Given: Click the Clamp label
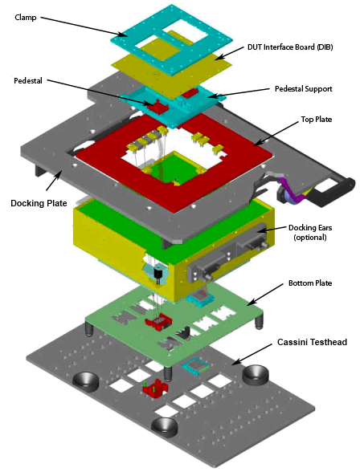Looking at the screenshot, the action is click(x=26, y=18).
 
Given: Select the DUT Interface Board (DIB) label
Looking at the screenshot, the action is click(x=290, y=47).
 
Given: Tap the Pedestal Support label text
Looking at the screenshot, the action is click(x=304, y=89).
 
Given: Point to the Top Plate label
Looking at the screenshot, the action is click(x=317, y=119).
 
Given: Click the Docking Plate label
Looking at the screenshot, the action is click(x=39, y=203).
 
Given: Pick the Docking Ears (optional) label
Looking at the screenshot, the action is click(x=310, y=232).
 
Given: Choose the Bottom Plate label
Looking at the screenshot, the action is click(x=310, y=283).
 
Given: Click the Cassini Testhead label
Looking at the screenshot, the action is click(x=312, y=342).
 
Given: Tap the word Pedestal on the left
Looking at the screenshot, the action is click(x=28, y=80).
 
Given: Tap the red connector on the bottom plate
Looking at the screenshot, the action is click(x=158, y=323).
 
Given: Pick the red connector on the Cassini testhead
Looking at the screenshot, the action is click(x=154, y=389).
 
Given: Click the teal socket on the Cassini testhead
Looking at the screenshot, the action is click(x=196, y=366).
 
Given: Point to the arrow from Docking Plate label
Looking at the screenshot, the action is click(x=54, y=180).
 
